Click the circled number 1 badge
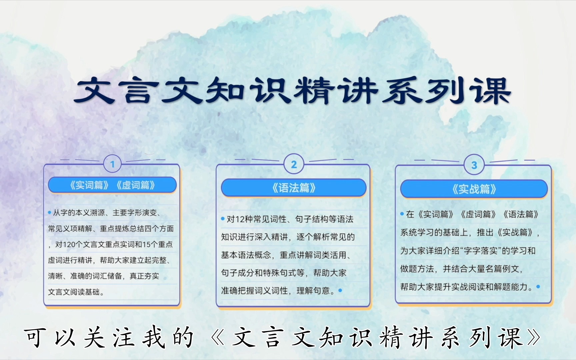coord(112,164)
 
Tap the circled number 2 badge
coord(294,164)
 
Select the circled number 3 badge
coord(474,165)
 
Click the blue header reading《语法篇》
coord(294,188)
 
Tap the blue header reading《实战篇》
coord(474,189)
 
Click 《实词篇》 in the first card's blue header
coord(89,185)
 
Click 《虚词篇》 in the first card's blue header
coord(136,185)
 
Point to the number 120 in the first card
coord(69,245)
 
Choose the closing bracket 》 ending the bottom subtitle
coord(534,338)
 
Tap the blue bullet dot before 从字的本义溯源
coord(50,212)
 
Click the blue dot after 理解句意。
coord(340,290)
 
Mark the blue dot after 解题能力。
coord(538,286)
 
